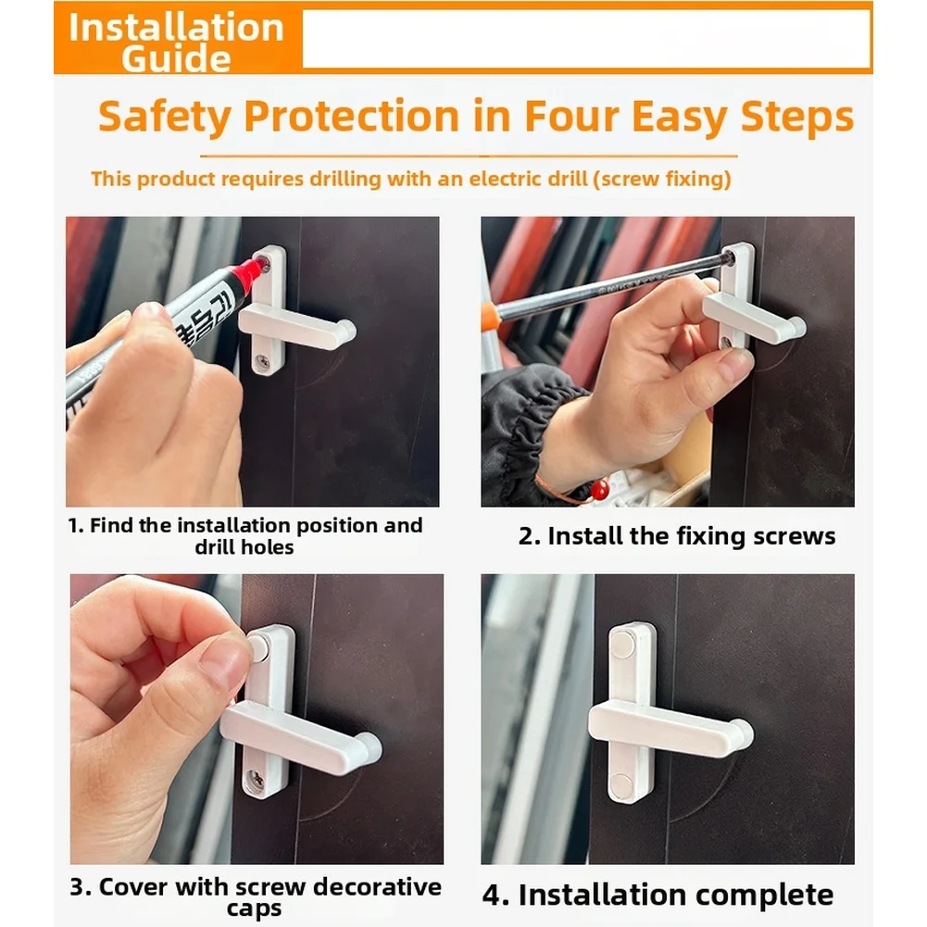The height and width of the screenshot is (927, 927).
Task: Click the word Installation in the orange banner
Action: pos(176,28)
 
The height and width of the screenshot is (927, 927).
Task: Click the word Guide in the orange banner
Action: pos(176,58)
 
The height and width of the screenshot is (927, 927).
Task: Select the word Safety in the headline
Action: pos(164,117)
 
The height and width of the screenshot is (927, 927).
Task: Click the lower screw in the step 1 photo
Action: pos(262,360)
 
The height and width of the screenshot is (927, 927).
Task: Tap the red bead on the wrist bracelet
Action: pos(600,489)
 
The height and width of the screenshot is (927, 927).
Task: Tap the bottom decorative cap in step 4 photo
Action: pos(621,784)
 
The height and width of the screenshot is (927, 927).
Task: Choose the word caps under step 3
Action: pos(255,909)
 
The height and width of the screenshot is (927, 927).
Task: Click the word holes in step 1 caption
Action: pos(269,547)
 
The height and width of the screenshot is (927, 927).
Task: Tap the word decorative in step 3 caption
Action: pos(377,887)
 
